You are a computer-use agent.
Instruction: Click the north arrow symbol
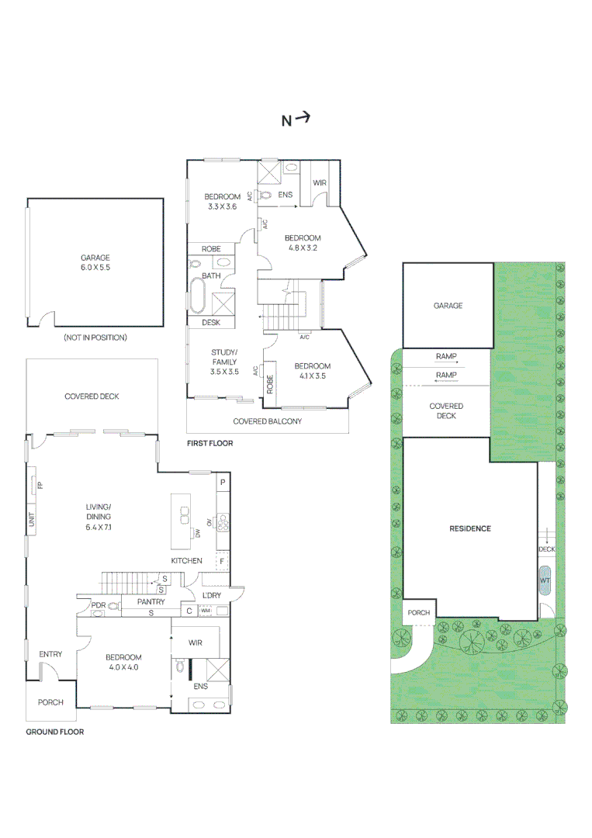pyautogui.click(x=296, y=119)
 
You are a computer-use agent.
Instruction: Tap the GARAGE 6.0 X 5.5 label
pyautogui.click(x=95, y=263)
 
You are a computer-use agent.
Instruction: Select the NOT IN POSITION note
pyautogui.click(x=95, y=338)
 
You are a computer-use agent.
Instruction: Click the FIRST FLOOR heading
pyautogui.click(x=209, y=443)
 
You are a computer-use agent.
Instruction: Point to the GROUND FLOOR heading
pyautogui.click(x=55, y=732)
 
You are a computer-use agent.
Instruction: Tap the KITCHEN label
pyautogui.click(x=187, y=560)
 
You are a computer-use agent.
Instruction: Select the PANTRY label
pyautogui.click(x=151, y=601)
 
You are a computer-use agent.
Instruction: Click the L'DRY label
pyautogui.click(x=212, y=595)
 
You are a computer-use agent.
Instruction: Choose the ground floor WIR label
pyautogui.click(x=196, y=642)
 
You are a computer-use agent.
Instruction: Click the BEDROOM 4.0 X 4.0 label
pyautogui.click(x=123, y=662)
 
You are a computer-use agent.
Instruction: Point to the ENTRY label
pyautogui.click(x=50, y=654)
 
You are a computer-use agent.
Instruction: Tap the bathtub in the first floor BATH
pyautogui.click(x=197, y=296)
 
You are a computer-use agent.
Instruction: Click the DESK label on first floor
pyautogui.click(x=211, y=322)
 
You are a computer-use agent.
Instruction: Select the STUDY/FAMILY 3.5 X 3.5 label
pyautogui.click(x=224, y=362)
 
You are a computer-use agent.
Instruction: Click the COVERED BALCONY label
pyautogui.click(x=268, y=421)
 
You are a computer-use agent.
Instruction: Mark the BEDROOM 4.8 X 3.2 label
pyautogui.click(x=301, y=243)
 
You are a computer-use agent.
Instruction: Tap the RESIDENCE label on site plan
pyautogui.click(x=470, y=528)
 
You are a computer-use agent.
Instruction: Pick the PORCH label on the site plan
pyautogui.click(x=419, y=612)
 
